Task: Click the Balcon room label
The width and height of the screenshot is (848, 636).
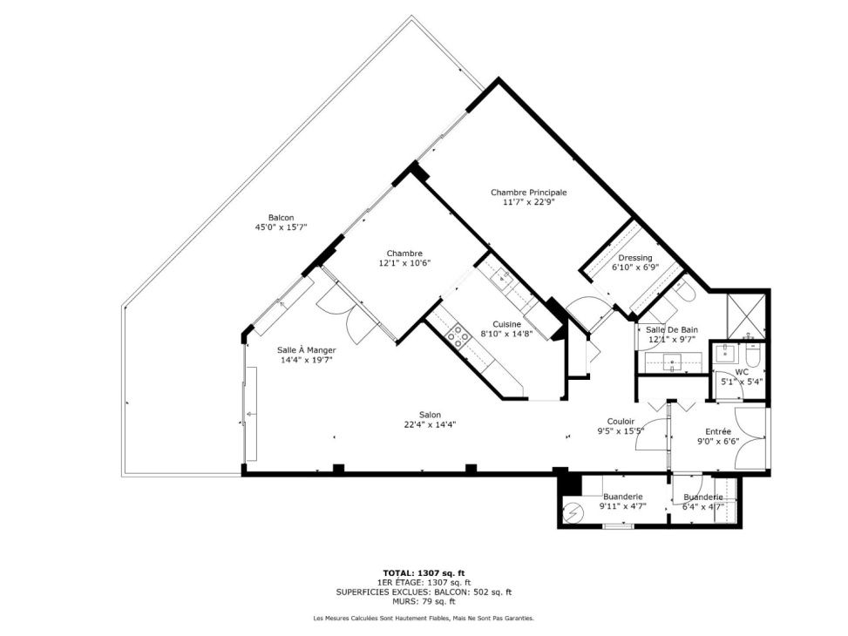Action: pyautogui.click(x=282, y=218)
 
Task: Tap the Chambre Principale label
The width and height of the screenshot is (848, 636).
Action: pyautogui.click(x=528, y=192)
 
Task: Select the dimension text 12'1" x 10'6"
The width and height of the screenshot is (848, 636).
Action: pyautogui.click(x=404, y=263)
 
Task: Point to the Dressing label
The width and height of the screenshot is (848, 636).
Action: pyautogui.click(x=635, y=258)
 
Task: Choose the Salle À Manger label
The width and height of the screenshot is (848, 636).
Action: pyautogui.click(x=307, y=350)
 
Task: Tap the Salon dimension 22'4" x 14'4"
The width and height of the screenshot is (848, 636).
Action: pyautogui.click(x=430, y=424)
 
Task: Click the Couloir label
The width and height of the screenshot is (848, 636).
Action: pyautogui.click(x=621, y=422)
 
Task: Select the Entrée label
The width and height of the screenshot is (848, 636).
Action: pyautogui.click(x=718, y=431)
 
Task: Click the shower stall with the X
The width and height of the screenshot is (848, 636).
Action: pyautogui.click(x=746, y=315)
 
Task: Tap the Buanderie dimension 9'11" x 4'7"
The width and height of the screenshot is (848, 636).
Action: pyautogui.click(x=623, y=507)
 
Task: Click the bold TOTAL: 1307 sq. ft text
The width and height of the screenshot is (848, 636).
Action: pyautogui.click(x=424, y=573)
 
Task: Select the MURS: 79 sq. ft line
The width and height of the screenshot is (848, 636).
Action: pyautogui.click(x=424, y=601)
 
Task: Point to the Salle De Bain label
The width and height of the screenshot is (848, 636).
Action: pyautogui.click(x=672, y=329)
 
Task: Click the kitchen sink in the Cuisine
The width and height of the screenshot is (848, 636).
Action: pyautogui.click(x=502, y=277)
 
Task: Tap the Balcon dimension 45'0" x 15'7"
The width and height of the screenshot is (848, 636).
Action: pyautogui.click(x=282, y=227)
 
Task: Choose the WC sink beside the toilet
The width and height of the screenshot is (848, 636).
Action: pyautogui.click(x=725, y=355)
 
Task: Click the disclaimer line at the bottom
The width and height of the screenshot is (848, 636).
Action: pyautogui.click(x=424, y=618)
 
